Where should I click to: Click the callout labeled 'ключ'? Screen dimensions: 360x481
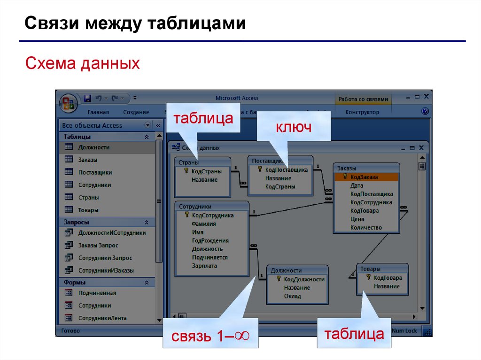coord(294,127)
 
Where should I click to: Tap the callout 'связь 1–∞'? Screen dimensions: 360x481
coord(209,336)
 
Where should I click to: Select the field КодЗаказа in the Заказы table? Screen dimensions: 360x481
coord(364,177)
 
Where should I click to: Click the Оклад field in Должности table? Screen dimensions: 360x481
coord(292,296)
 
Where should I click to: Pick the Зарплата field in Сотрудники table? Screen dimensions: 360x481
coord(204,266)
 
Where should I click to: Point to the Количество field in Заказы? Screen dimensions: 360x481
coord(366,228)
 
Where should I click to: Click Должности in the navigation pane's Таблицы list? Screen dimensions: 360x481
coord(94,147)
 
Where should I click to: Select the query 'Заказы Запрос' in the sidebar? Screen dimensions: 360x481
coord(98,245)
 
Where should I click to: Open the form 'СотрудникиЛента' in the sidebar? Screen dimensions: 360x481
coord(102,318)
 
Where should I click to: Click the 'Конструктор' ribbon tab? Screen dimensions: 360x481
coord(362,112)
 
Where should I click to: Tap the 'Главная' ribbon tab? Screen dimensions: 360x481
coord(98,112)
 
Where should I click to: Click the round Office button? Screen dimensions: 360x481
coord(68,103)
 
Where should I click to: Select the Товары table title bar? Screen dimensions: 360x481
coord(382,268)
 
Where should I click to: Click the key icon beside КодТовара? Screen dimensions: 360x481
coord(369,277)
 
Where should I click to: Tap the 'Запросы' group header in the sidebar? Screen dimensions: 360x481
coord(77,222)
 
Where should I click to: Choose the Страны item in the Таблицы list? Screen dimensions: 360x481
coord(88,198)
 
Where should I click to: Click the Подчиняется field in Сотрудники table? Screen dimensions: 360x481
coord(209,257)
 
